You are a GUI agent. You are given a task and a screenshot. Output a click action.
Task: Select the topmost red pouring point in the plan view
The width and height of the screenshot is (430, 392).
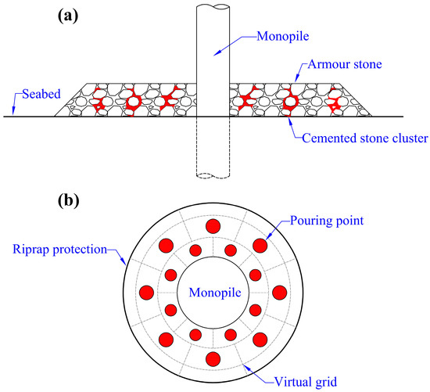point(212,227)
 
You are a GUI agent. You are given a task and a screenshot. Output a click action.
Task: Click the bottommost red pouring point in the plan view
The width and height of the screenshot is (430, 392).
point(212,359)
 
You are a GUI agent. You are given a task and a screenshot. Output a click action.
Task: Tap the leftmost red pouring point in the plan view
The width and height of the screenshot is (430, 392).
point(145,293)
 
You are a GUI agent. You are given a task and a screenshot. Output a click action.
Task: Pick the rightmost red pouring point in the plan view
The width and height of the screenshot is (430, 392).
point(278,293)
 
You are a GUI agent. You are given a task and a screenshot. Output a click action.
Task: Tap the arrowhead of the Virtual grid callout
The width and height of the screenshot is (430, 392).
point(244,361)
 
